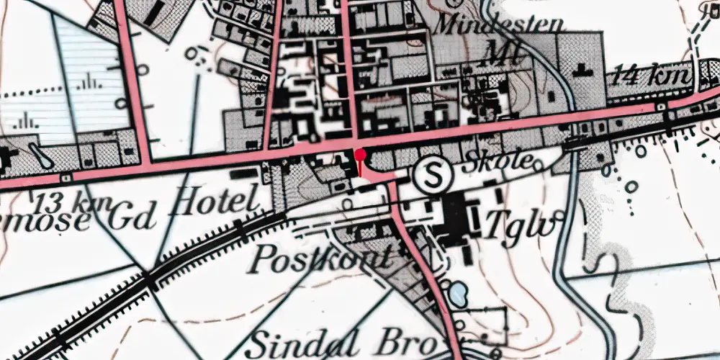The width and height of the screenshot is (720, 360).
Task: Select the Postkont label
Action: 323,258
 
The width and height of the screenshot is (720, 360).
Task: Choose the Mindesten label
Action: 499,24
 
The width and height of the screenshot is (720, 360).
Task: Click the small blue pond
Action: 457,293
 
